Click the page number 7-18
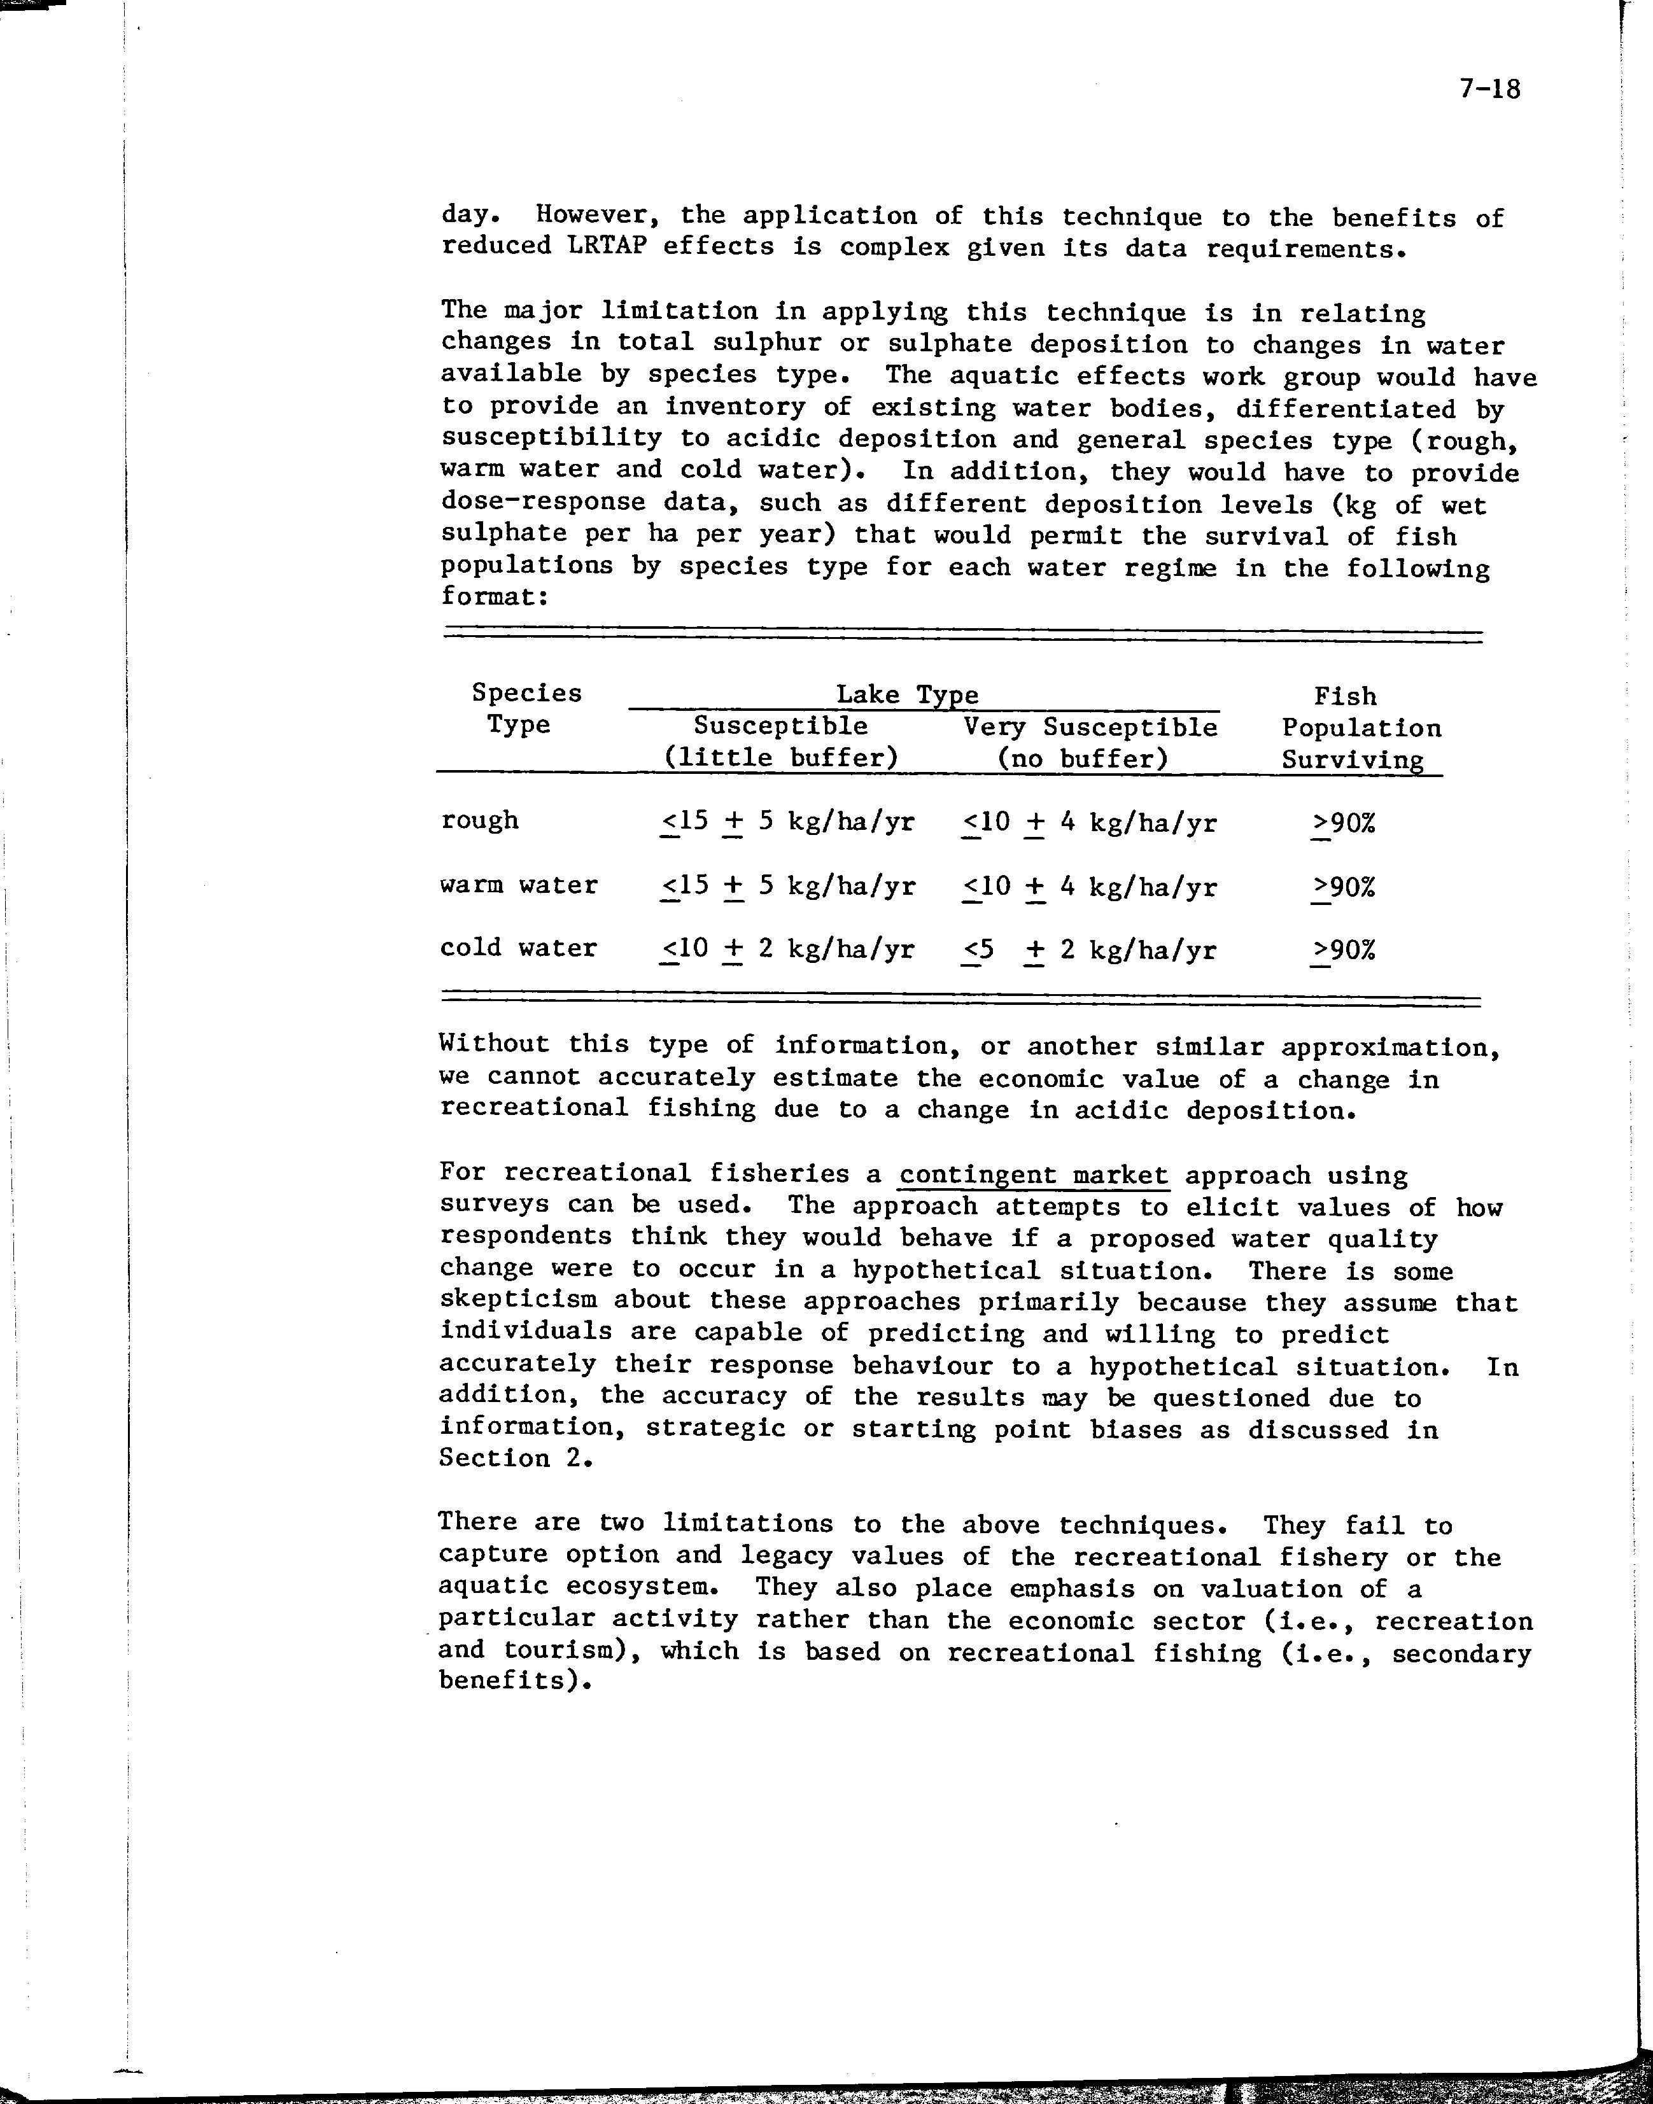coord(1491,90)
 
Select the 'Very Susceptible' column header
coord(1090,727)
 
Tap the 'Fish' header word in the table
coord(1344,696)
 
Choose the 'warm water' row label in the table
coord(519,885)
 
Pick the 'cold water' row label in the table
coord(519,948)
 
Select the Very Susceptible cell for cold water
coord(1089,950)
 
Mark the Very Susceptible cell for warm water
coord(1089,887)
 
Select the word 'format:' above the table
coord(495,596)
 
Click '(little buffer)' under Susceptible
coord(781,758)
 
